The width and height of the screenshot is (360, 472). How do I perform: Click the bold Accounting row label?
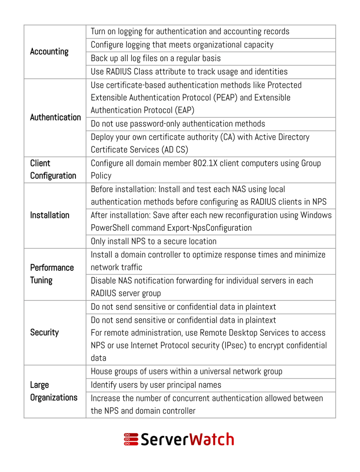(x=49, y=52)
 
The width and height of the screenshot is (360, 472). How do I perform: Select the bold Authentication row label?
(x=55, y=117)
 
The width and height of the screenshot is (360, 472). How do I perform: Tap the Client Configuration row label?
(x=53, y=169)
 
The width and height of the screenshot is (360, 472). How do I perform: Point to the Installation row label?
(x=50, y=215)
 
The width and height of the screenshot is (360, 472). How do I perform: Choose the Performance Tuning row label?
(x=52, y=274)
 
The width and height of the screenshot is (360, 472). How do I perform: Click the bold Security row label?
(x=44, y=333)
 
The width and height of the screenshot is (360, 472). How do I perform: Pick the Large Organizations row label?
(x=54, y=391)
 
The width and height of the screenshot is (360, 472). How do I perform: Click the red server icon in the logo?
(x=131, y=439)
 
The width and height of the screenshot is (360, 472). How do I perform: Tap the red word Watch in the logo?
(x=211, y=439)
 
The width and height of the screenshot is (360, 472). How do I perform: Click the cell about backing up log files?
(x=156, y=58)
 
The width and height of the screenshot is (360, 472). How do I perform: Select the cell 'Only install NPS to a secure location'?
(x=154, y=242)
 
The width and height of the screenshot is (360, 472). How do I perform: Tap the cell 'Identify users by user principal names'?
(x=156, y=385)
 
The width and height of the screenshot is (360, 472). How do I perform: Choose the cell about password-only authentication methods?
(x=178, y=124)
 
